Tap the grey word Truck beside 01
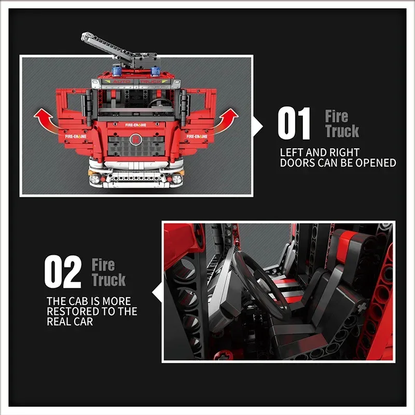pyautogui.click(x=342, y=131)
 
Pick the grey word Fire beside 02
pyautogui.click(x=103, y=265)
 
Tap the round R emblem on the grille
pyautogui.click(x=136, y=139)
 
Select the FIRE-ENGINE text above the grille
pyautogui.click(x=136, y=126)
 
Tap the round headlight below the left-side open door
pyautogui.click(x=95, y=179)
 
